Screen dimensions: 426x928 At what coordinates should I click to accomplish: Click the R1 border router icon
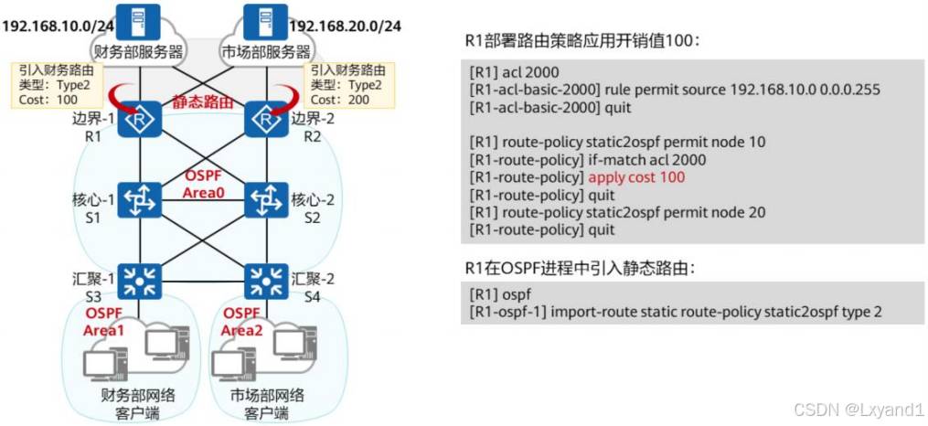[x=141, y=118]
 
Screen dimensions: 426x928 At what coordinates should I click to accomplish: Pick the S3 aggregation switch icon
[x=141, y=281]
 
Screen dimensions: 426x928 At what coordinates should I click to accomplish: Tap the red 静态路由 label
[x=204, y=104]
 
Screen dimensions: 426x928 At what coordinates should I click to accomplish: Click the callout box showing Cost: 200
[x=342, y=84]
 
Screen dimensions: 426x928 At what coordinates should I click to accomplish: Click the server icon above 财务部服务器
[x=141, y=17]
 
